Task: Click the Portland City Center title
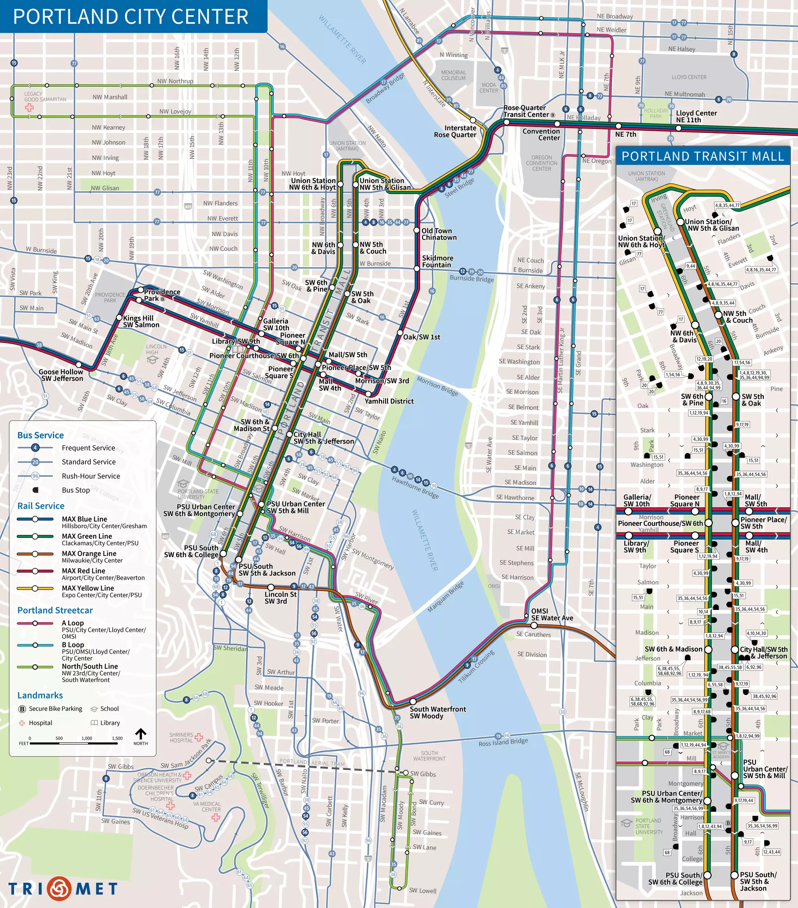[131, 17]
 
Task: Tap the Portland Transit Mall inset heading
[703, 156]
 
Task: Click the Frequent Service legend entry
[88, 448]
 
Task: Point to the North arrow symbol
[140, 733]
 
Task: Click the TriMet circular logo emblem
[60, 888]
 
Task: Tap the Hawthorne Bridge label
[415, 487]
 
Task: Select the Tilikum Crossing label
[476, 666]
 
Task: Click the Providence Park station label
[162, 295]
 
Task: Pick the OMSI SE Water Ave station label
[551, 614]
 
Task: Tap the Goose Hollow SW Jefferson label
[62, 375]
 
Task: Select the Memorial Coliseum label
[453, 75]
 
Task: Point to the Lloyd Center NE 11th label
[696, 116]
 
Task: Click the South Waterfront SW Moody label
[437, 712]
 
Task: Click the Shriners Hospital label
[181, 737]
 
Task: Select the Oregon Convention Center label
[541, 163]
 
